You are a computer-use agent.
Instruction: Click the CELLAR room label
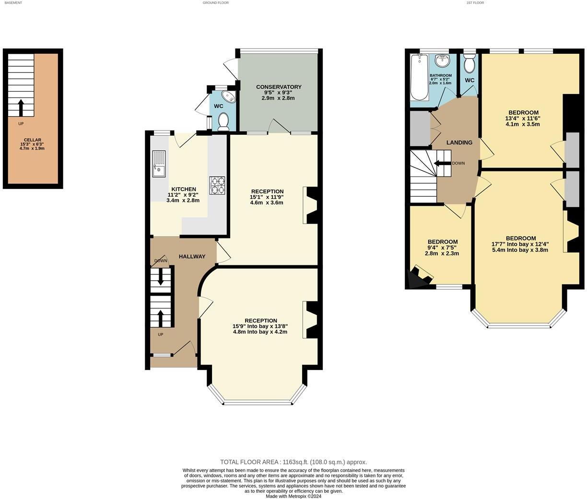pyautogui.click(x=32, y=140)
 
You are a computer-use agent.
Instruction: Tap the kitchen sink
pyautogui.click(x=159, y=164)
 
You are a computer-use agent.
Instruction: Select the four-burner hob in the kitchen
pyautogui.click(x=217, y=185)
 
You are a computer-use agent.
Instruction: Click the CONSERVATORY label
pyautogui.click(x=279, y=87)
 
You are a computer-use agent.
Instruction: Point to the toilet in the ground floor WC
pyautogui.click(x=223, y=122)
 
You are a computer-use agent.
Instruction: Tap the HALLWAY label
pyautogui.click(x=192, y=256)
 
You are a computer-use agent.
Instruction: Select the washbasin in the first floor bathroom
pyautogui.click(x=442, y=61)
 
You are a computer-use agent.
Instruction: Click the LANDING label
pyautogui.click(x=459, y=143)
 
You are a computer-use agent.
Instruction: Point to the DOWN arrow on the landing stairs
pyautogui.click(x=442, y=163)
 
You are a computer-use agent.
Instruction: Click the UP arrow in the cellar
pyautogui.click(x=21, y=107)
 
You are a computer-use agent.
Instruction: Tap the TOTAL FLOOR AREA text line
pyautogui.click(x=293, y=462)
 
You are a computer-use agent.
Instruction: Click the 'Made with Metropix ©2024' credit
pyautogui.click(x=293, y=496)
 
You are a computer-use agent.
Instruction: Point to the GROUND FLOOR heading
pyautogui.click(x=215, y=3)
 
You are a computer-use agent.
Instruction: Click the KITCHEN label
pyautogui.click(x=184, y=189)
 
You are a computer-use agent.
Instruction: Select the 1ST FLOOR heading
pyautogui.click(x=475, y=3)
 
